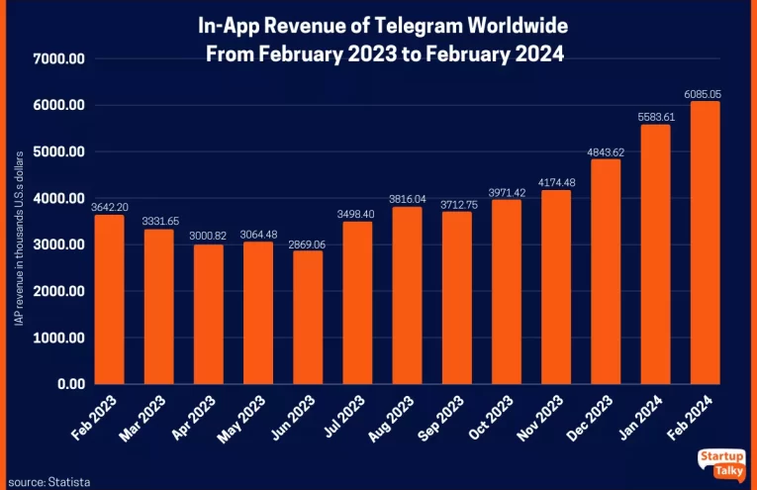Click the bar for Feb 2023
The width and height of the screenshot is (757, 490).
click(x=109, y=300)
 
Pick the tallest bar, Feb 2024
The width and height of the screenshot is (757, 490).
click(x=705, y=243)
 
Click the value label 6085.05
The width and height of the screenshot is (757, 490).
click(x=705, y=94)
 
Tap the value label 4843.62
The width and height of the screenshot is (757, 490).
click(x=606, y=152)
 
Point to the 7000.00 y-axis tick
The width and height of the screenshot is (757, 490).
click(x=60, y=59)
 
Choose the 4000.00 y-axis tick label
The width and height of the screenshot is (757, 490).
click(x=60, y=199)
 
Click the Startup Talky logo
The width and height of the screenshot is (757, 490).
click(x=723, y=463)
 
